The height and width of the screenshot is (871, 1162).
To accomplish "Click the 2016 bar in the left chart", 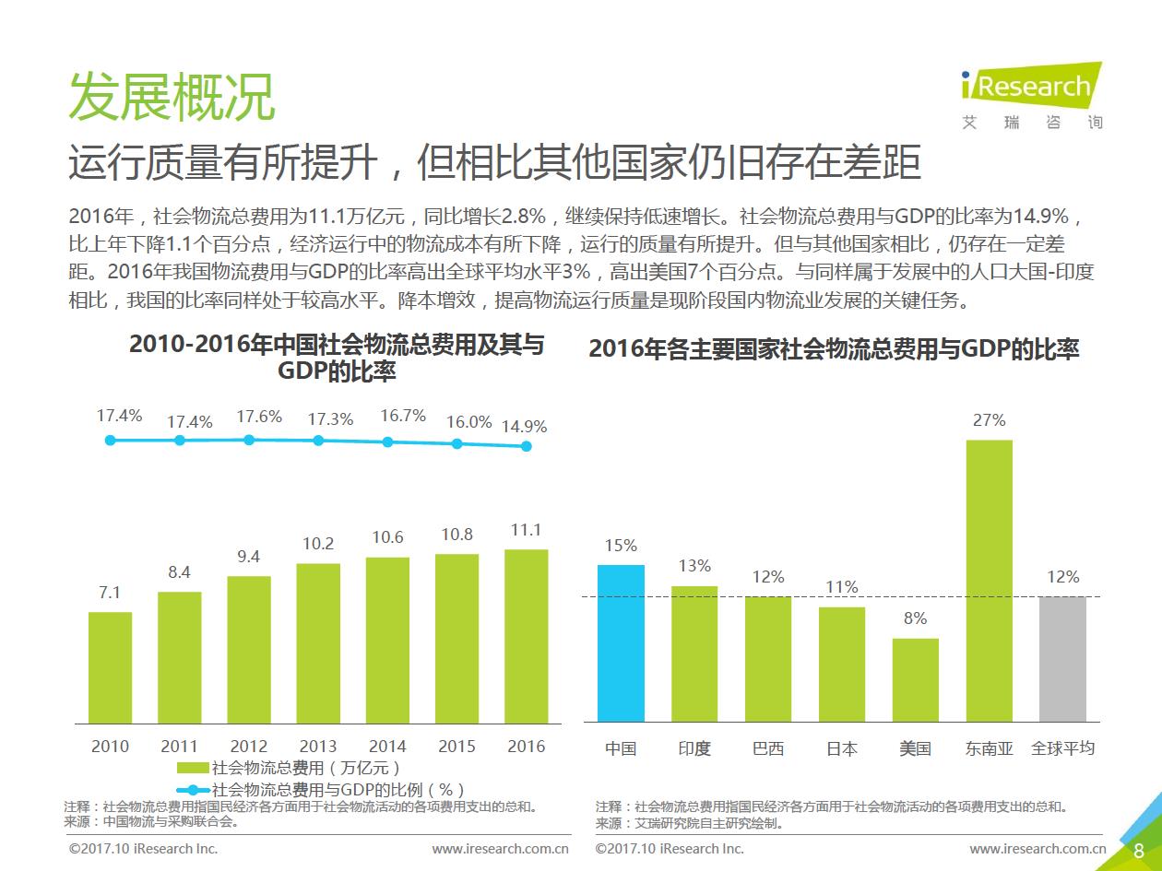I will [x=526, y=635].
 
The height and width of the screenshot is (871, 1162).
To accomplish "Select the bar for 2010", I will [x=110, y=666].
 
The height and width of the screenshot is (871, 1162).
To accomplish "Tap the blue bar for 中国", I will [x=621, y=642].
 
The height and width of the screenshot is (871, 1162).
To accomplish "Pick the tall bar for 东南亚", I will [x=989, y=581].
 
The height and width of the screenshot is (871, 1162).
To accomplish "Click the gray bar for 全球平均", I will [x=1062, y=658].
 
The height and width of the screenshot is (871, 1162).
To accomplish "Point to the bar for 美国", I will [x=915, y=679].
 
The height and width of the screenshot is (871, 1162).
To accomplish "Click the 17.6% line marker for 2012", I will [x=249, y=440].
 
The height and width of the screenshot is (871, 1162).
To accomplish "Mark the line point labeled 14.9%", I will [x=527, y=446].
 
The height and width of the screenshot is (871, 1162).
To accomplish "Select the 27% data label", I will [x=989, y=420].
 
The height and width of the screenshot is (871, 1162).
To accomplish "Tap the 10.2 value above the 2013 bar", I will [x=318, y=544].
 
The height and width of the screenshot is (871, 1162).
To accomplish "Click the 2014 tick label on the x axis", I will [x=387, y=747].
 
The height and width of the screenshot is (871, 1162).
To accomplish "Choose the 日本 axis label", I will [x=841, y=748].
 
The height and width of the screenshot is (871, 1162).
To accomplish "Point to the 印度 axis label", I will [x=694, y=748].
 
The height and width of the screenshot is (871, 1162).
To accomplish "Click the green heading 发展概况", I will [x=172, y=96].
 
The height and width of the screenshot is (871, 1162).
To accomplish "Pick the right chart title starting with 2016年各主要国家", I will [x=834, y=349].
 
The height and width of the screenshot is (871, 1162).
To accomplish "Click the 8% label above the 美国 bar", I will [x=915, y=618].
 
